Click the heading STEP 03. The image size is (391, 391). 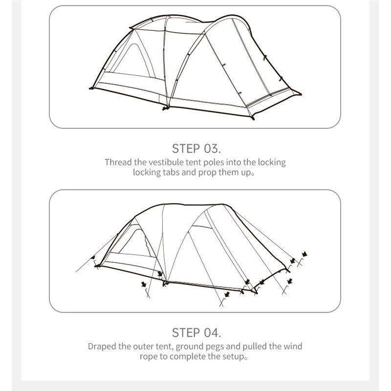pos(196,149)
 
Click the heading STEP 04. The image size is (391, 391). pos(196,333)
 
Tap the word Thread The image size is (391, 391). pos(118,162)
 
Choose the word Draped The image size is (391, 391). pos(102,347)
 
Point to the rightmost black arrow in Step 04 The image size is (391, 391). pos(304,254)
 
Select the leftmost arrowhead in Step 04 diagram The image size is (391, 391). pos(93,257)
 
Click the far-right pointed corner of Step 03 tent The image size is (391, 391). pos(301,94)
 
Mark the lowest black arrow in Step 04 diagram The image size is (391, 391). pos(227,294)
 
